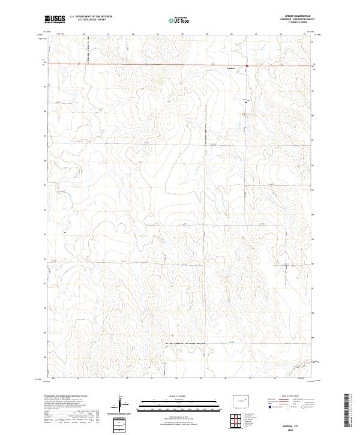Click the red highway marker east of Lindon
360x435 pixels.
click(247, 65)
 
